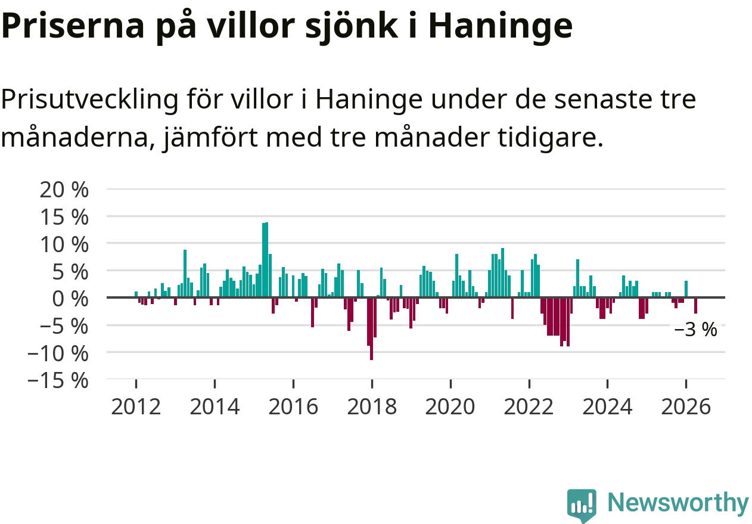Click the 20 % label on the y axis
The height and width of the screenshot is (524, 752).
coord(64,190)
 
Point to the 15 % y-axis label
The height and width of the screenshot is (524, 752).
coord(64,218)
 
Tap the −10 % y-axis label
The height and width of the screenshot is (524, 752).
coord(58,354)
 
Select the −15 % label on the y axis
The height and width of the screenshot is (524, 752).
coord(58,382)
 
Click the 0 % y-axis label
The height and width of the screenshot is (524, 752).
coord(70,299)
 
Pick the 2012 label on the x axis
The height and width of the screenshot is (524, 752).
coord(136,407)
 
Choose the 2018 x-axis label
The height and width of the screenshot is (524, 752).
coord(372,407)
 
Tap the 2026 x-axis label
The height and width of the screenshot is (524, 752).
coord(686,407)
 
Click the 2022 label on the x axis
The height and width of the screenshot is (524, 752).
coord(529,407)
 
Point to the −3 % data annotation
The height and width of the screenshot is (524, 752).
coord(695,330)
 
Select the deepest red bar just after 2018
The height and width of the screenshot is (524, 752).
coord(372,329)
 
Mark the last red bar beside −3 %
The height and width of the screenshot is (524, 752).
coord(695,306)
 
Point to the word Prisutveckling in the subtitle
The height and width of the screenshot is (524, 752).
coord(89,100)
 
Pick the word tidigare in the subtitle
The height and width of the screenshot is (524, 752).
coord(550,138)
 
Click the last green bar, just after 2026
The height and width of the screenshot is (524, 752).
coord(686,289)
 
